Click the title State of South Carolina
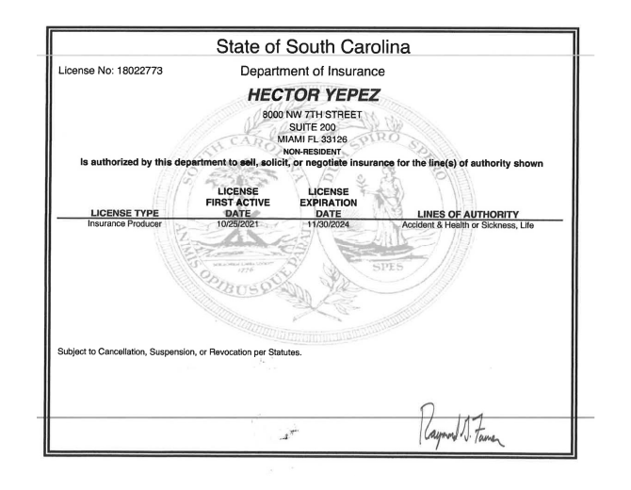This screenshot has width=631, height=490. pyautogui.click(x=315, y=46)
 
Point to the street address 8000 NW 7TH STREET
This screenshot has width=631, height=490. pyautogui.click(x=315, y=115)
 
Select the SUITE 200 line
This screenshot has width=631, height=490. pyautogui.click(x=315, y=127)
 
